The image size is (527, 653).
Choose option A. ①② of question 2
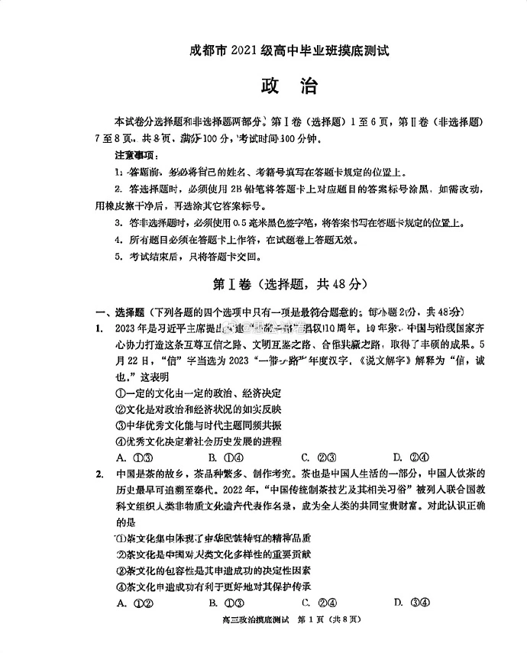(131, 603)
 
